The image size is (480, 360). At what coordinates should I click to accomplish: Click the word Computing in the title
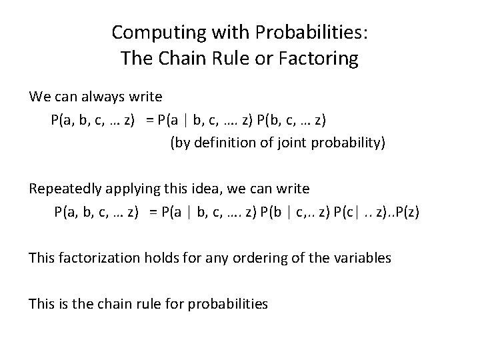pyautogui.click(x=150, y=32)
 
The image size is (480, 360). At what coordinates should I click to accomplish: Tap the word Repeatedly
pyautogui.click(x=65, y=189)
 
